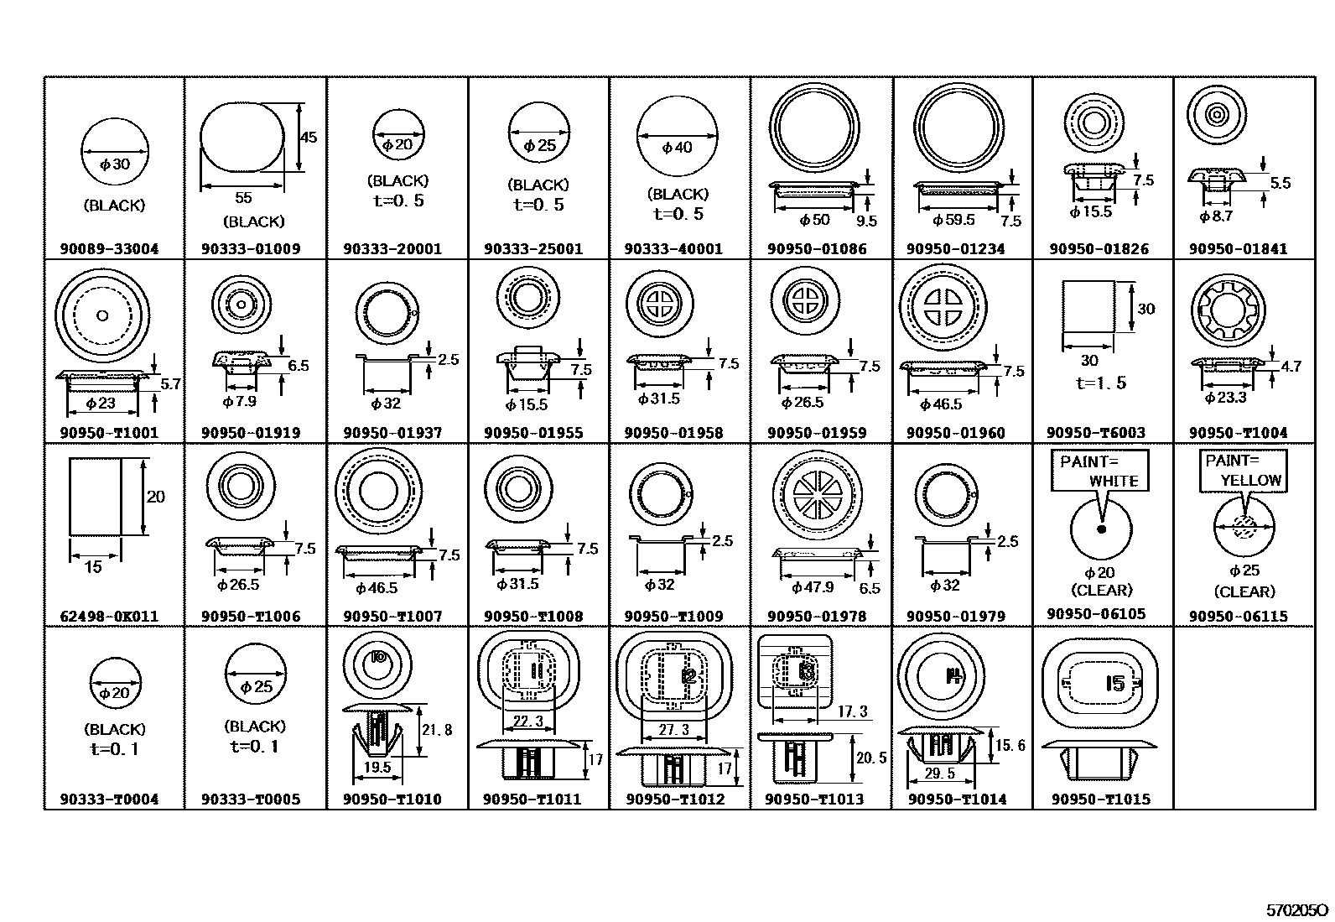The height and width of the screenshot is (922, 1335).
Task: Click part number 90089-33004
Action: [x=109, y=249]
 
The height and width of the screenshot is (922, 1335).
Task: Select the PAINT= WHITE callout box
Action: [x=1099, y=471]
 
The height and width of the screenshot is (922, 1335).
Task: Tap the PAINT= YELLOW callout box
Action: [x=1244, y=471]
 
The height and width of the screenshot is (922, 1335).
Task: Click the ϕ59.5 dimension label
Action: [x=953, y=221]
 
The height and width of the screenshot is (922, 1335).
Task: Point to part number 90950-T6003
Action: [x=1096, y=433]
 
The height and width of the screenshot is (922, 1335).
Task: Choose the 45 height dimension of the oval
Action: [x=309, y=137]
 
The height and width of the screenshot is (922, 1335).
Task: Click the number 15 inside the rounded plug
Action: [x=1114, y=683]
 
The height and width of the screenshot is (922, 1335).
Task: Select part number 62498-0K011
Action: [x=109, y=617]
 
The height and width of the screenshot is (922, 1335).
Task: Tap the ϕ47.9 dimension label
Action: [x=813, y=587]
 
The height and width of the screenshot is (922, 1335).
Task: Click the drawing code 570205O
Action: [x=1297, y=909]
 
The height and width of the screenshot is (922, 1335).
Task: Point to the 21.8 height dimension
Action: [x=436, y=730]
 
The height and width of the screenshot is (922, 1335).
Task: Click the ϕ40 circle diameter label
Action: [x=678, y=148]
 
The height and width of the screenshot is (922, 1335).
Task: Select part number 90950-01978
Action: [x=817, y=617]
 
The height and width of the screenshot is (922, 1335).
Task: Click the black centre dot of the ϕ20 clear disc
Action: [x=1102, y=529]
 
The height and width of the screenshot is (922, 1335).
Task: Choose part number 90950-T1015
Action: [x=1101, y=800]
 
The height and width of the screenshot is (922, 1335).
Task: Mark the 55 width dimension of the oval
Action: [x=243, y=198]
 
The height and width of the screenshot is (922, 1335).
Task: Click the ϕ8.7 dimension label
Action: [x=1216, y=216]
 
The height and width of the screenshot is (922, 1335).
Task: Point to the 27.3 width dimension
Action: [x=673, y=730]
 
